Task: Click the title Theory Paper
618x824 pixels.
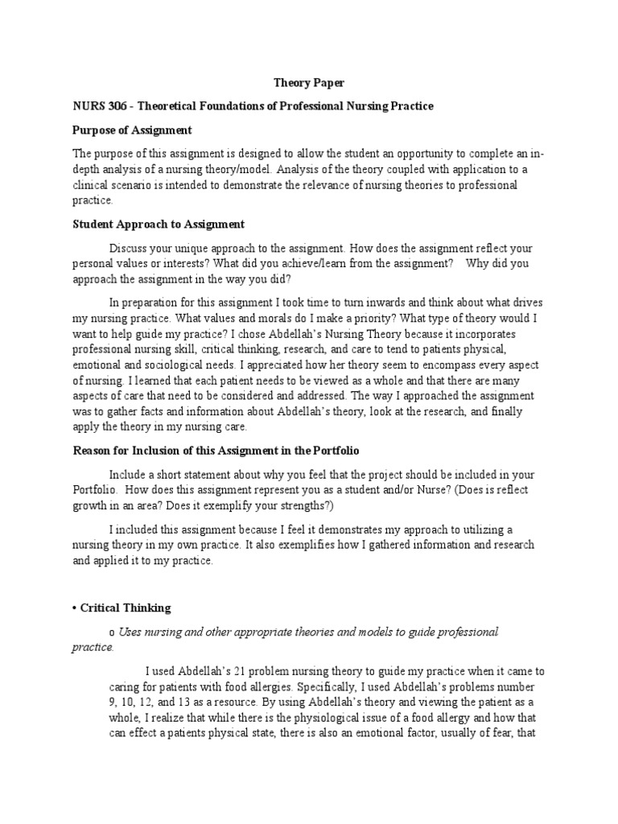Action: pyautogui.click(x=310, y=82)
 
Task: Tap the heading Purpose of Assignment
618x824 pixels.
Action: pyautogui.click(x=132, y=130)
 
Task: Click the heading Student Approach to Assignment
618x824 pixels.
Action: pyautogui.click(x=159, y=225)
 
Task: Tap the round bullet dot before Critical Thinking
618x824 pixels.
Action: pyautogui.click(x=75, y=608)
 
